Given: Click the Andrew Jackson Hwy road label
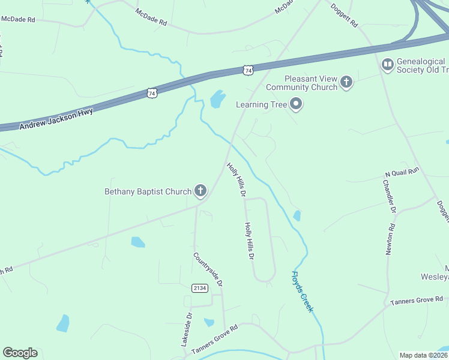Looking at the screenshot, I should [x=56, y=119].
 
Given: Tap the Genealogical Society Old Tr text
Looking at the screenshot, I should [x=422, y=65].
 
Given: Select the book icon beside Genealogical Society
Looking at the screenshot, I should [x=388, y=63].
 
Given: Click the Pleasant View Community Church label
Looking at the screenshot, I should [x=311, y=83].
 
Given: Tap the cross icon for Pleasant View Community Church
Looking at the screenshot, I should [x=346, y=82].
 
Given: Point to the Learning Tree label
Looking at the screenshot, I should [x=259, y=104].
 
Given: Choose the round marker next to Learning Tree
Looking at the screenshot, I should [x=295, y=105].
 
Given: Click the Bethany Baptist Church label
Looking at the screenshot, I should [x=148, y=192].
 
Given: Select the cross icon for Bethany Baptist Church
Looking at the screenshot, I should [x=200, y=191].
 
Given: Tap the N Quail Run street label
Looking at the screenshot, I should [x=402, y=172].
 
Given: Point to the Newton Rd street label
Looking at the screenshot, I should [x=390, y=239].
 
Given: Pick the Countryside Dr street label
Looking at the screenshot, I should [x=208, y=269].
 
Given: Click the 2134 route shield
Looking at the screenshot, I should [x=200, y=289].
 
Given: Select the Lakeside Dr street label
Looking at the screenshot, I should [x=186, y=329].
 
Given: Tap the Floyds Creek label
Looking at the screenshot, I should [x=302, y=292].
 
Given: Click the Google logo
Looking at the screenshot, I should [x=20, y=353].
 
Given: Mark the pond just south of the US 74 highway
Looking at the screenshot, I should [x=217, y=99].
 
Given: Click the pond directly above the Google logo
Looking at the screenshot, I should [x=62, y=323].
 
